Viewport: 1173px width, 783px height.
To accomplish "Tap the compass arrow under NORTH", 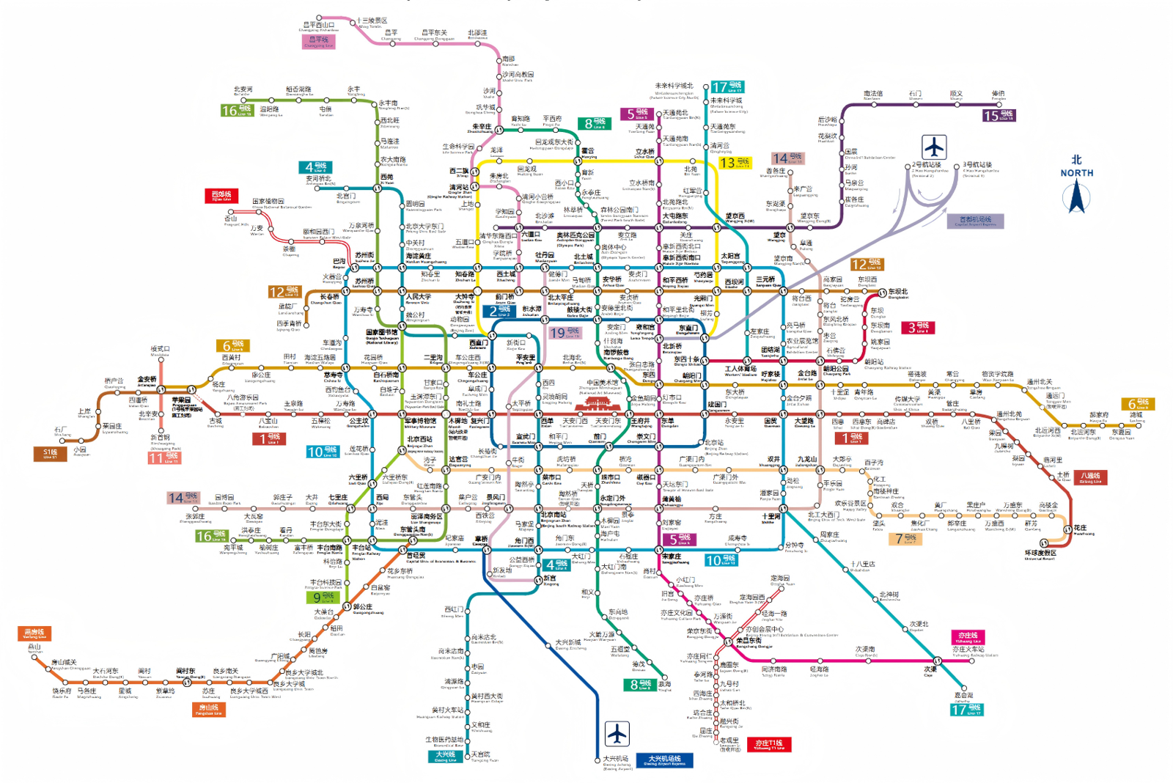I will [1076, 196].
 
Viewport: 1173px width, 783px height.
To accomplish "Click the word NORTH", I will [1076, 173].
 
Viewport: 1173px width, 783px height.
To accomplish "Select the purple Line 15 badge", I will [999, 116].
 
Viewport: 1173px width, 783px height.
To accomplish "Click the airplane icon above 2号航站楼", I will [934, 147].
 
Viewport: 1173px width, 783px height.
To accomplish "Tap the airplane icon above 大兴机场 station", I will [617, 733].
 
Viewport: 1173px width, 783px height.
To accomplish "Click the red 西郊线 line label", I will [221, 196].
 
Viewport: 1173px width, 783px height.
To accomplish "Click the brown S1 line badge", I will [50, 454].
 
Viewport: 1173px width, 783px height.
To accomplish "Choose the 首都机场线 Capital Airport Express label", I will [978, 221].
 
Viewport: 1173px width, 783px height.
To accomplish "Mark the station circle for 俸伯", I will [998, 105].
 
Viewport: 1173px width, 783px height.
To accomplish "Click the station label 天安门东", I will [608, 422].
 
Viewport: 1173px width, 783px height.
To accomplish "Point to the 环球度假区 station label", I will [1040, 554].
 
